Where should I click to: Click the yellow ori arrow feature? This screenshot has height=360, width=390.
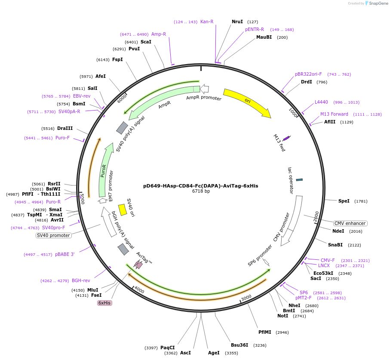[x=247, y=102]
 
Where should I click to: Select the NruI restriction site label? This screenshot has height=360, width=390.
[x=237, y=22]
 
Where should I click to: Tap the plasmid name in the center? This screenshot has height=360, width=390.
[x=201, y=186]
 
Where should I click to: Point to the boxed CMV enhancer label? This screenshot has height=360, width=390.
[x=350, y=223]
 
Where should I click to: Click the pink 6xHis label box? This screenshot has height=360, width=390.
[x=104, y=303]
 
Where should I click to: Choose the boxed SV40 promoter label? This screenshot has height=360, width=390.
[x=53, y=235]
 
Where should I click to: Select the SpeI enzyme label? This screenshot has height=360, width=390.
[x=344, y=201]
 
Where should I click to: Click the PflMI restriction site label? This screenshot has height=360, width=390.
[x=265, y=332]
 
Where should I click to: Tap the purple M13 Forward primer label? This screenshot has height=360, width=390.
[x=334, y=114]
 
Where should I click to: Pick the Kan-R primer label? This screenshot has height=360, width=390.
[x=207, y=22]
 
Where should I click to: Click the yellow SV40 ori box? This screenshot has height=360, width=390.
[x=123, y=209]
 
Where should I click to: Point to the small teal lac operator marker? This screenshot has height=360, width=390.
[x=299, y=179]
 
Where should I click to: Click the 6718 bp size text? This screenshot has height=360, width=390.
[x=201, y=191]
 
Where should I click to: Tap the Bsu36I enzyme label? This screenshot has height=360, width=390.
[x=240, y=345]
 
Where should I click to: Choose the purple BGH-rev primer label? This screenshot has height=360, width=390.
[x=81, y=280]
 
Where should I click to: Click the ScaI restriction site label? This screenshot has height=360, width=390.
[x=146, y=42]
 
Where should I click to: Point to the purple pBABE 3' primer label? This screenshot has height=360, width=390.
[x=64, y=254]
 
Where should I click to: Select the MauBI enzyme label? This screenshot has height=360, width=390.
[x=264, y=37]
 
